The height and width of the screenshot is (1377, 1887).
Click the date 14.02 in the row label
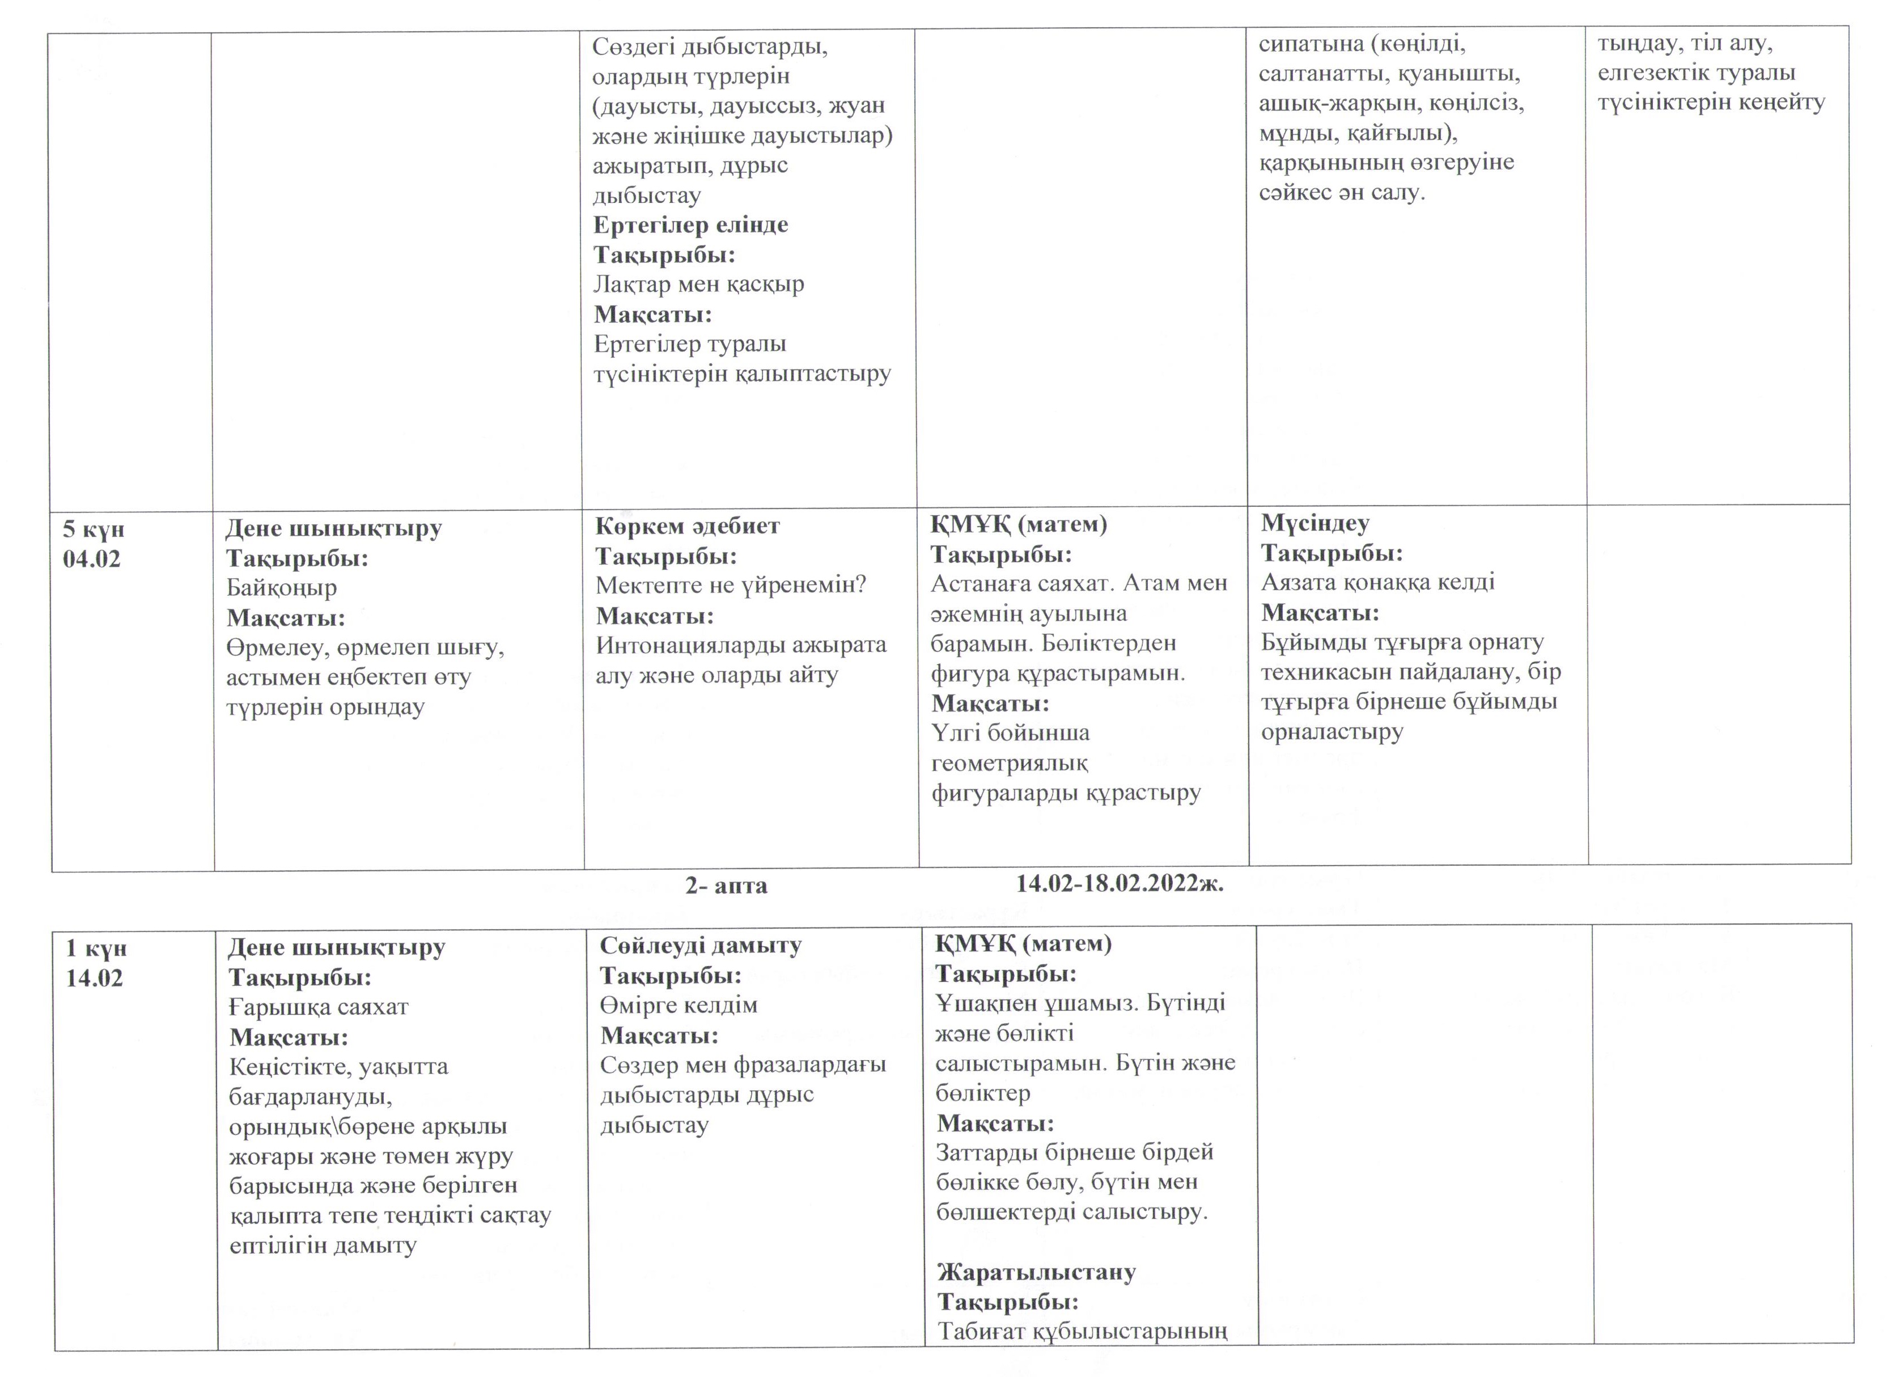(94, 978)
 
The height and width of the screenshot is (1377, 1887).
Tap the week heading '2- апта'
(726, 885)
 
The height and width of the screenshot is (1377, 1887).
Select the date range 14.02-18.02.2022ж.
(1120, 884)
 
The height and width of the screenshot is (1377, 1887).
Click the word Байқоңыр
(282, 588)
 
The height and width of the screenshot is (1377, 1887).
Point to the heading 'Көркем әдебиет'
(688, 526)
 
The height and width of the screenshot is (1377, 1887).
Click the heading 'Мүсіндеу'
(1315, 523)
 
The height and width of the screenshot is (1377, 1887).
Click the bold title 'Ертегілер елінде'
(690, 225)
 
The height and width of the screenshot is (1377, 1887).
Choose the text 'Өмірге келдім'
(679, 1005)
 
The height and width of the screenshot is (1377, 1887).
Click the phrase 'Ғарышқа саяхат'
(319, 1007)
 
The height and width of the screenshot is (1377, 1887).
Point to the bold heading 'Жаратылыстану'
(1036, 1272)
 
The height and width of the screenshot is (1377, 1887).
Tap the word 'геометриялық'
(1010, 764)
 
